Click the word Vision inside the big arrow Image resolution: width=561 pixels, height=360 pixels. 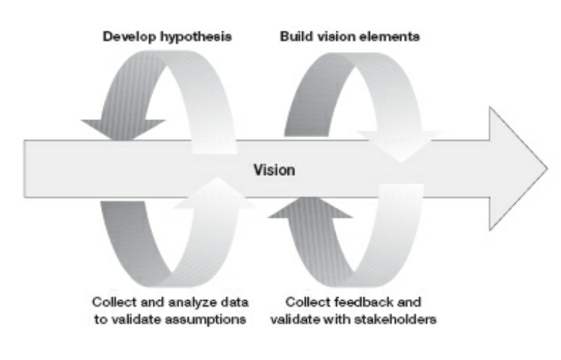[x=274, y=170]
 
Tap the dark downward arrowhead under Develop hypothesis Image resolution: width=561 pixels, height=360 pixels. [x=123, y=129]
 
